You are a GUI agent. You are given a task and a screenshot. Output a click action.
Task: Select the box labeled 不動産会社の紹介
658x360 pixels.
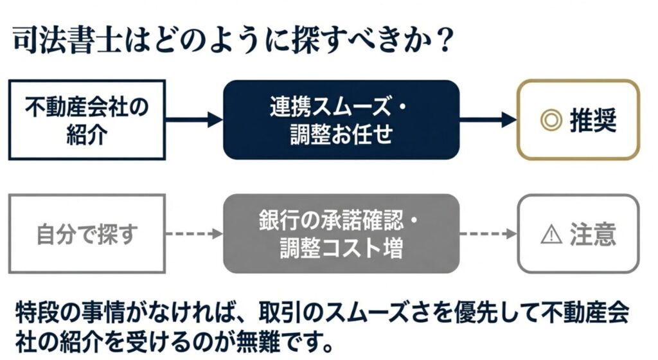87,120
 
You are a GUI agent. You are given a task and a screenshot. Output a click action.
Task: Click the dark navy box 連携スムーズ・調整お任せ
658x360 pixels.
341,120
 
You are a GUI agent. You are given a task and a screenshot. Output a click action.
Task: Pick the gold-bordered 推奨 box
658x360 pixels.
578,120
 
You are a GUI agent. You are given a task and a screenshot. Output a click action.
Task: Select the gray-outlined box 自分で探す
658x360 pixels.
87,234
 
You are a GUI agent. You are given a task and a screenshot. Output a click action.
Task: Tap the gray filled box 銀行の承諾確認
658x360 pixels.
341,234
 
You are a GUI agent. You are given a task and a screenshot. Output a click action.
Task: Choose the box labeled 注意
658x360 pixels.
578,234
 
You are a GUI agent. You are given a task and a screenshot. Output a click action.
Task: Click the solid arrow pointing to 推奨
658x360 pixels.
488,120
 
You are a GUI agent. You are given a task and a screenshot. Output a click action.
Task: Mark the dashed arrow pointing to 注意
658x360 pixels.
488,234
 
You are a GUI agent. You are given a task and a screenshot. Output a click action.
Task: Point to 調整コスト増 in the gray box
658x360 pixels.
341,248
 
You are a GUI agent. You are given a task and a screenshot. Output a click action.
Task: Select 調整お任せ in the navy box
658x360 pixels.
341,134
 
